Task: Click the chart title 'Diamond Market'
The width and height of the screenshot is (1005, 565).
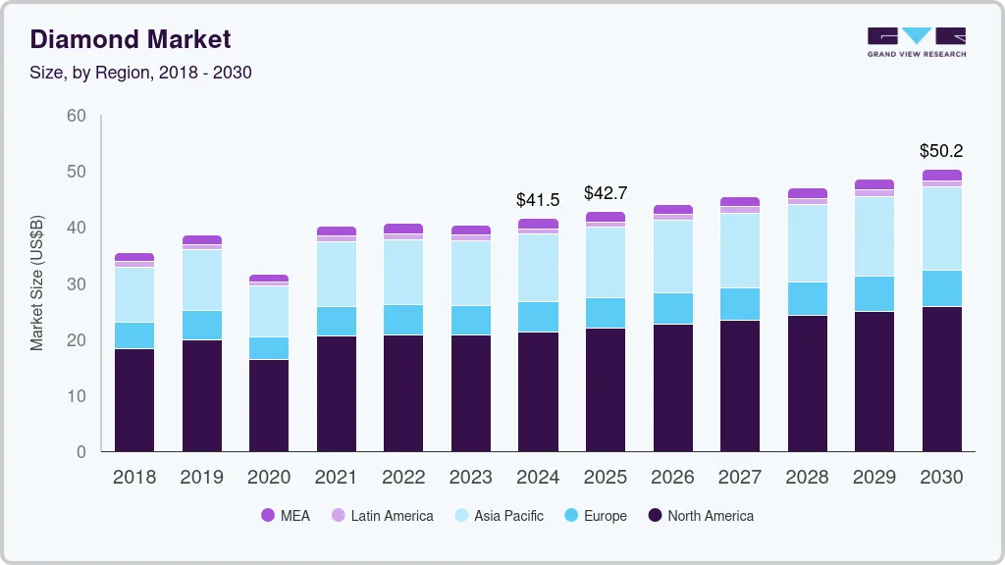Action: [x=131, y=39]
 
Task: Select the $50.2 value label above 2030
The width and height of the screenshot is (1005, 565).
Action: [x=941, y=151]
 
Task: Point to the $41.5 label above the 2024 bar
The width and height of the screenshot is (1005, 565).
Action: [x=538, y=200]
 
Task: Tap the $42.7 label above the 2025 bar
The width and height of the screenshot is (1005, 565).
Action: [x=606, y=193]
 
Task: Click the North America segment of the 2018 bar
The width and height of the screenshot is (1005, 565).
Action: [x=134, y=400]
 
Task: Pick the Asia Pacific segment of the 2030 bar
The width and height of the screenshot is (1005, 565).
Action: [x=942, y=229]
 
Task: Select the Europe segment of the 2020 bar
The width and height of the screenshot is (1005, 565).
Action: [x=269, y=348]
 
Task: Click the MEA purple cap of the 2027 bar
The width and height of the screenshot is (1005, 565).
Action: [x=740, y=201]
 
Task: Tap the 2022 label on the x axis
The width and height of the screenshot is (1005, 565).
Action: [x=403, y=478]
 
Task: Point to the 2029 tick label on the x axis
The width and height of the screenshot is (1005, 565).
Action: [x=874, y=478]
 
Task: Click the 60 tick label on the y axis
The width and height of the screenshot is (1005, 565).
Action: [x=77, y=116]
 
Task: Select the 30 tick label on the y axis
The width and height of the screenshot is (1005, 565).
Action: [x=77, y=284]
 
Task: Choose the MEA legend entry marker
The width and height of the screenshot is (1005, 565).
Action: [x=268, y=516]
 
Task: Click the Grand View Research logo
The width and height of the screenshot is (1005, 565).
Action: [x=917, y=42]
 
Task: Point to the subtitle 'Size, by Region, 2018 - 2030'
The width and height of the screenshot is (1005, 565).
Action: [x=141, y=73]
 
